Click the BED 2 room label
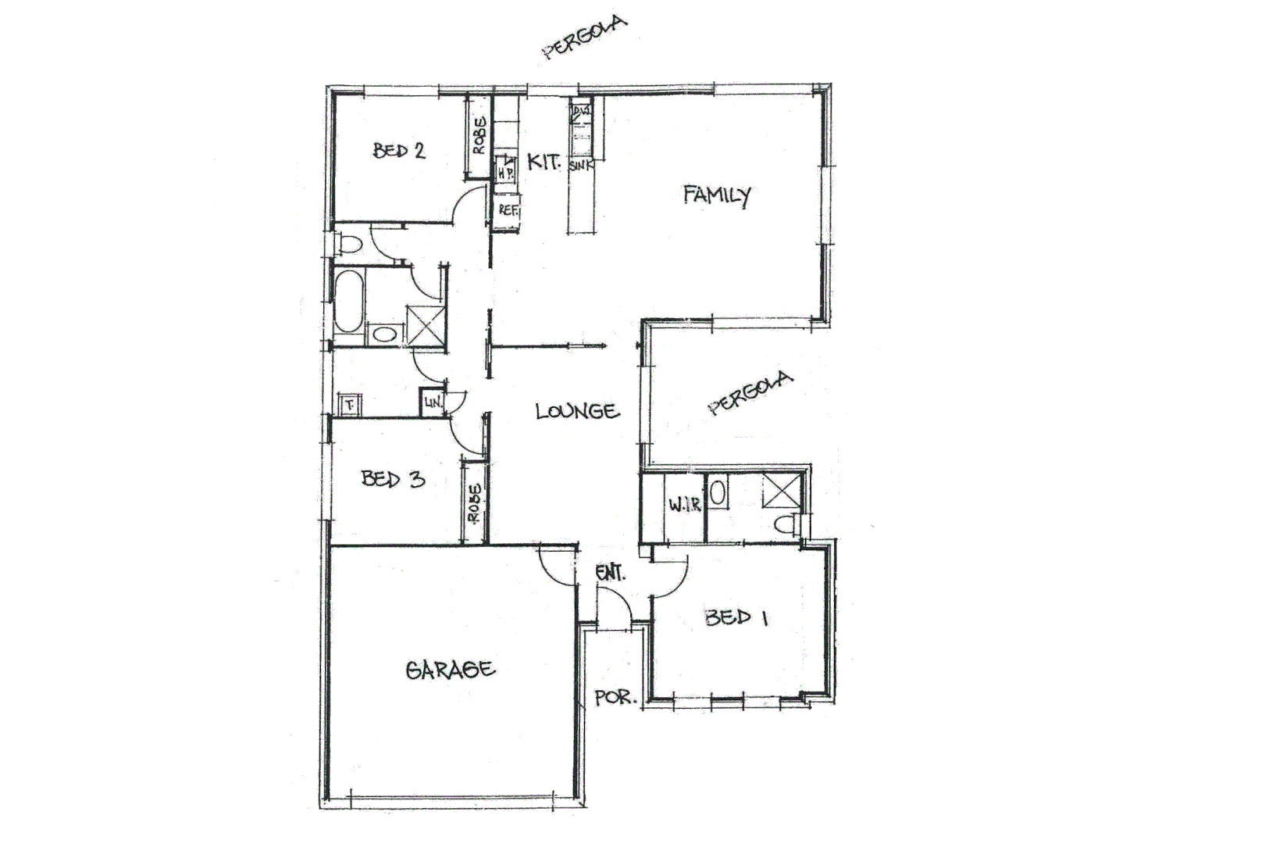(399, 150)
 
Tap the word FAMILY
(716, 195)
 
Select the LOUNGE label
(577, 411)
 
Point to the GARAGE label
(450, 670)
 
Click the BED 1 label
(736, 617)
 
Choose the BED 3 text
(393, 478)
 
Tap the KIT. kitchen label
(544, 163)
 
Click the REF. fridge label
(508, 210)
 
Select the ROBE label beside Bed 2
(479, 135)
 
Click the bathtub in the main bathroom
(348, 301)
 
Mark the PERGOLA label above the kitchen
(585, 38)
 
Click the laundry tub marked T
(349, 405)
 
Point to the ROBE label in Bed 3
(474, 502)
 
